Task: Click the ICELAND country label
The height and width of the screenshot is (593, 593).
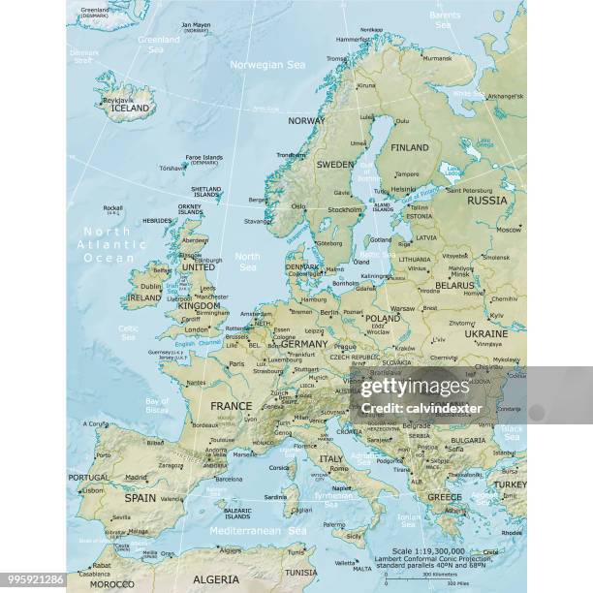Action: tap(131, 108)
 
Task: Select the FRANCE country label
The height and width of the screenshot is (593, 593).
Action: tap(231, 407)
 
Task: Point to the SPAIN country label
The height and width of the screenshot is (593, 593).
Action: tap(140, 497)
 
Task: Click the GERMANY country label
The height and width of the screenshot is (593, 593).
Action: tap(304, 344)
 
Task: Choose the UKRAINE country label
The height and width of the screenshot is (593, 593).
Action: tap(485, 332)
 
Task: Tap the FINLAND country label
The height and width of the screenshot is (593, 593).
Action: tap(409, 147)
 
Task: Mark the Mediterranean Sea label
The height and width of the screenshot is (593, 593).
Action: tap(258, 531)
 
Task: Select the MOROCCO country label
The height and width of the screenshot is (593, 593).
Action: tap(112, 584)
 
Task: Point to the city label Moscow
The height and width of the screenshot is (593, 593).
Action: tap(509, 230)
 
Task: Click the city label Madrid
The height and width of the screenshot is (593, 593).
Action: tap(137, 477)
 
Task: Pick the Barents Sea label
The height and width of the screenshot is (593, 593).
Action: tap(445, 19)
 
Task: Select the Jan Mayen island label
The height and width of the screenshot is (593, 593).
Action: tap(195, 26)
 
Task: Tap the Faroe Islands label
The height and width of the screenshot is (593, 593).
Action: tap(204, 159)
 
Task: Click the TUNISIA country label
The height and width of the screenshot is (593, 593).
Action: tap(300, 572)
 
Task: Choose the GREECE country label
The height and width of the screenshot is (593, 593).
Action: tap(445, 497)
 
